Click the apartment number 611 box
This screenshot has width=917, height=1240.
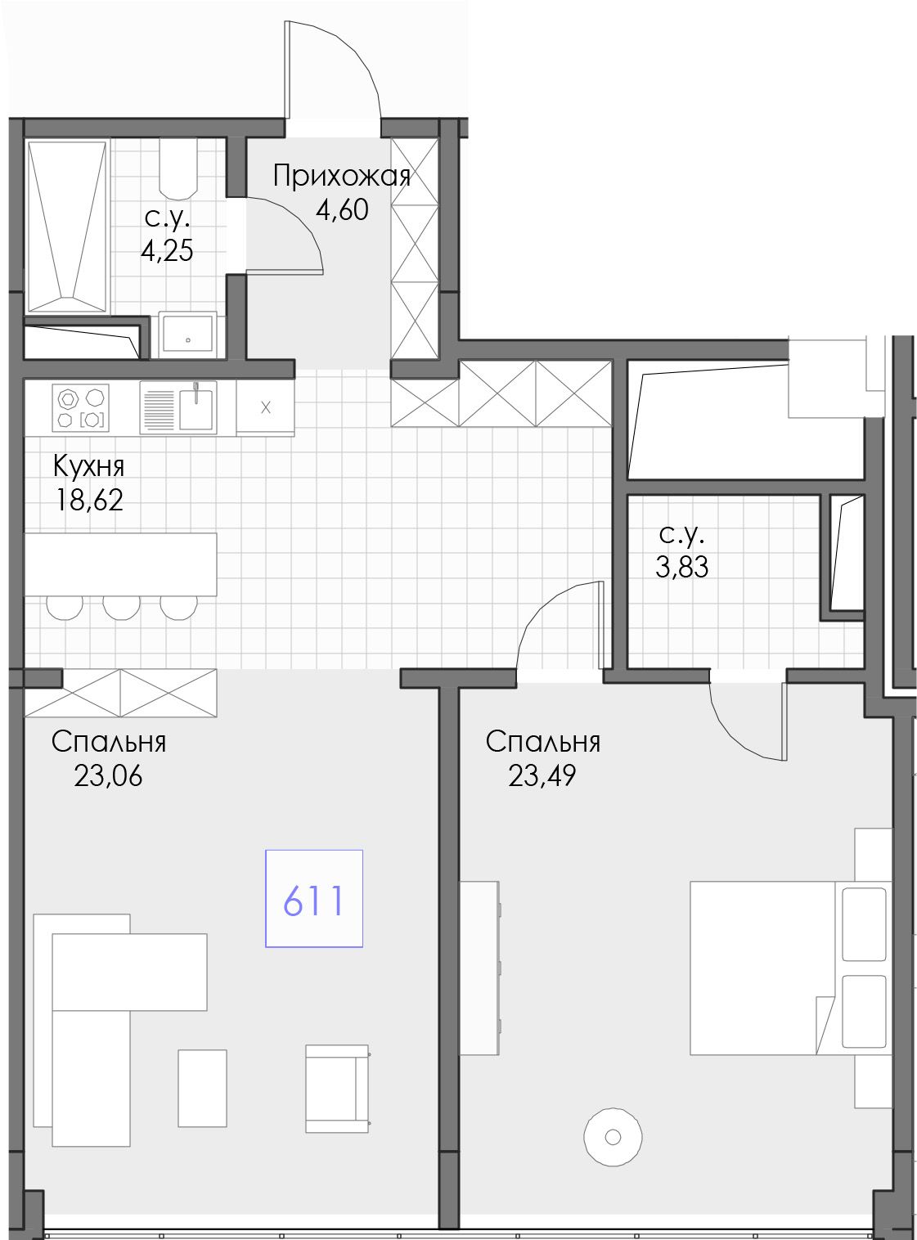coord(313,898)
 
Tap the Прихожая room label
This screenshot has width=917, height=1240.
coord(342,177)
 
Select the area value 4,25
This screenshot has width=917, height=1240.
coord(167,251)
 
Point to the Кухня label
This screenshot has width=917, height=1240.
coord(88,467)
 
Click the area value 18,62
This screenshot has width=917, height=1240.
coord(88,500)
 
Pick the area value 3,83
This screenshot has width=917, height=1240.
coord(681,567)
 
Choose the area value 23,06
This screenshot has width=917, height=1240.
coord(108,776)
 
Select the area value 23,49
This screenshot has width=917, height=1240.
coord(542,776)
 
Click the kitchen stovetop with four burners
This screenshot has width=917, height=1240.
coord(81,407)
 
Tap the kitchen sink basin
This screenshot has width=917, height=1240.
coord(196,408)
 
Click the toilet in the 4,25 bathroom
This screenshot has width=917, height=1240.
coord(178,168)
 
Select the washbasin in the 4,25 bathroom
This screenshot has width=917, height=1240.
coord(187,335)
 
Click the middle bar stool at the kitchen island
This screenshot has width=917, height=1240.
coord(121,607)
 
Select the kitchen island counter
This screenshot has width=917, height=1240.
coord(120,564)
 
